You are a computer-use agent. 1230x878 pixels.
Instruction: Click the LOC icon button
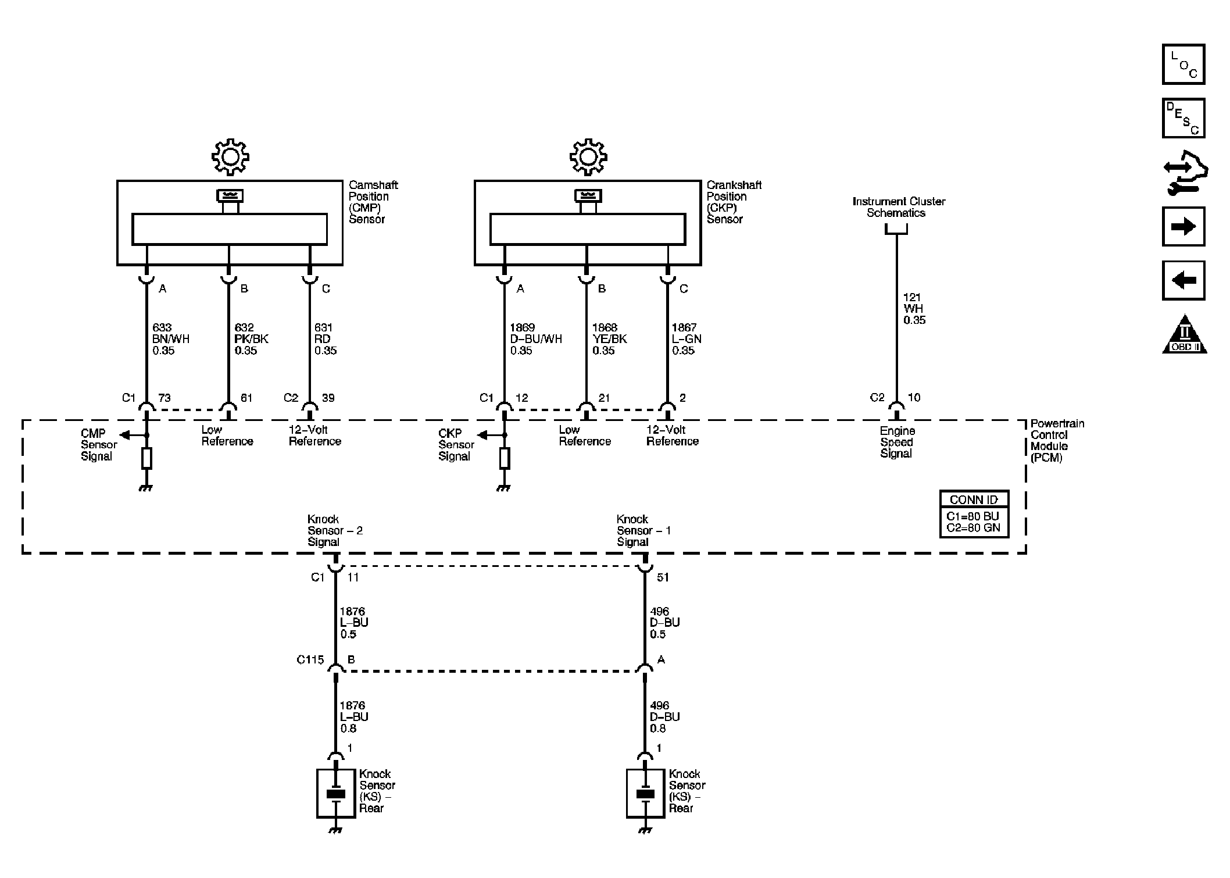[x=1183, y=64]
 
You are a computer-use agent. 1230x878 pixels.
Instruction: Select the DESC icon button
[x=1183, y=118]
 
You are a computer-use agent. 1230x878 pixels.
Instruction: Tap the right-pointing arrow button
[x=1183, y=226]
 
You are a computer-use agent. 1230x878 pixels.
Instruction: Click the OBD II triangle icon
[x=1185, y=336]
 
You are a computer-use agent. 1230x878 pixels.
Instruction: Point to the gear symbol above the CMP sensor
[x=230, y=156]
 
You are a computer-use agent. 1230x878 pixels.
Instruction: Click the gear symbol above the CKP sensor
[x=588, y=156]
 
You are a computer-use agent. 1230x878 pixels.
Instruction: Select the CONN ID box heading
[x=974, y=499]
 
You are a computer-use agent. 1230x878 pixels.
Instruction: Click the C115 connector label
[x=310, y=660]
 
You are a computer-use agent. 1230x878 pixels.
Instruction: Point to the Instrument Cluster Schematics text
[x=899, y=207]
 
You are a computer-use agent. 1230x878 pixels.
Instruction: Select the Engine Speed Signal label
[x=898, y=442]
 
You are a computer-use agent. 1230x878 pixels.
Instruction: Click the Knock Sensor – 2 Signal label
[x=335, y=530]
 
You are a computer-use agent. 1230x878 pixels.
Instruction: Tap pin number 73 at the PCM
[x=165, y=398]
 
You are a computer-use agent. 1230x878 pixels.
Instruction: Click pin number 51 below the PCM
[x=663, y=577]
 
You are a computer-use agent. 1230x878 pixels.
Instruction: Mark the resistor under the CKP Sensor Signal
[x=505, y=458]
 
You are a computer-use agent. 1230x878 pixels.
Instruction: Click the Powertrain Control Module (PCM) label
[x=1057, y=441]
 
